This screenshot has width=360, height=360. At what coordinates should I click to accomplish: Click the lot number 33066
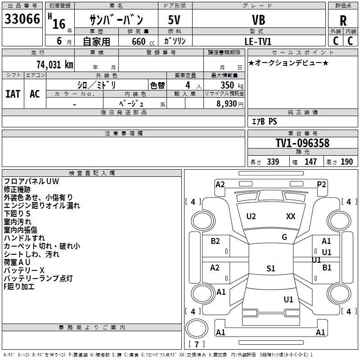pos(22,19)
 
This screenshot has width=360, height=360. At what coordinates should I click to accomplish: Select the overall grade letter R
pos(343,21)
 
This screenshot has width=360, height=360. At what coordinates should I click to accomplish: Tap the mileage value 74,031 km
pos(55,64)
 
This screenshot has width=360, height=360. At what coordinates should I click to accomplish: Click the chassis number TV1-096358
pos(302,143)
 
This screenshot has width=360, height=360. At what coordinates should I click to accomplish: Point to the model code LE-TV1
pos(258,41)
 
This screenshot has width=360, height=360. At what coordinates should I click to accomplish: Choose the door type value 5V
pos(174,20)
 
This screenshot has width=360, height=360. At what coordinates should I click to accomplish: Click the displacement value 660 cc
pos(143,42)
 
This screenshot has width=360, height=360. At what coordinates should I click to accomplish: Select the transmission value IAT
pos(13,94)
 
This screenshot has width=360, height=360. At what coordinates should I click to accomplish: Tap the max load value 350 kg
pos(232,85)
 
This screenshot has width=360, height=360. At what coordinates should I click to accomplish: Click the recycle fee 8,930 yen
pos(230,104)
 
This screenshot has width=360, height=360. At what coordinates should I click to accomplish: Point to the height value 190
pos(346,162)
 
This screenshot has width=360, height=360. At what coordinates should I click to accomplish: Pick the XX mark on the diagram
pos(291,216)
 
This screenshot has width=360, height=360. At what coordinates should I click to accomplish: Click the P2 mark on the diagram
pos(321,184)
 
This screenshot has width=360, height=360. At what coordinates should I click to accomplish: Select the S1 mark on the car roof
pos(271,268)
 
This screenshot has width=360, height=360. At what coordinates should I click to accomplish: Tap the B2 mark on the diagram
pos(215,241)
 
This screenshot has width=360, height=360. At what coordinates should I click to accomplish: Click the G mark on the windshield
pos(284,237)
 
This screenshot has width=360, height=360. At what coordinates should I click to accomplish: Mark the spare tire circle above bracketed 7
pos(197,328)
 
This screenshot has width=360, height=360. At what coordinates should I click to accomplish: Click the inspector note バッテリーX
pos(24,270)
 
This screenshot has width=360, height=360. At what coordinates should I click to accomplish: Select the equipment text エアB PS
pos(265,121)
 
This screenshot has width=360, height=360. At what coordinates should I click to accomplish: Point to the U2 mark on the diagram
pos(251,216)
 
